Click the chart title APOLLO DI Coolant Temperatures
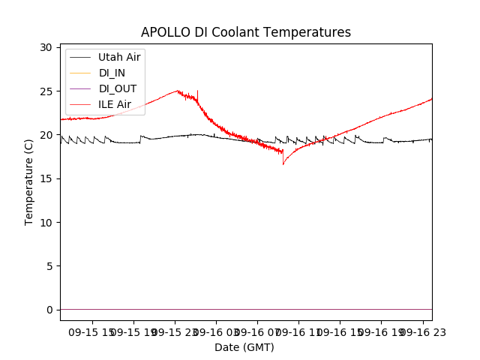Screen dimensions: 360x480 coord(246,33)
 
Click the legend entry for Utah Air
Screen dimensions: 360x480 coord(119,57)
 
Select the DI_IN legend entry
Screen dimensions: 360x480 coord(112,73)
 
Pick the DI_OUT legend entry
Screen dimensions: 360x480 coord(116,88)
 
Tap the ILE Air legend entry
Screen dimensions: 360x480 coord(115,104)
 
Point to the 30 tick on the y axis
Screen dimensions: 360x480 coord(46,47)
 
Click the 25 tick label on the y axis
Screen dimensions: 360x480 coord(46,91)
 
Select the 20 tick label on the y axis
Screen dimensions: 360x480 coord(46,135)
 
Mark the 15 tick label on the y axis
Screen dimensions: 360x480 coord(46,178)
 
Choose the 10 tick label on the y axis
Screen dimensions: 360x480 coord(46,223)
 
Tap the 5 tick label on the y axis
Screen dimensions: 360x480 coord(49,266)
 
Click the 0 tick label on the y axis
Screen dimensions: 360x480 coord(49,310)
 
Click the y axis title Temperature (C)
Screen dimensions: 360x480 coord(29,181)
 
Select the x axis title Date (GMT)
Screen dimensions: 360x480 coord(244,347)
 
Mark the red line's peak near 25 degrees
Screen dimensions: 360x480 coord(178,91)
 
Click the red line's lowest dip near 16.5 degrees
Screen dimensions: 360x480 coord(283,164)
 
